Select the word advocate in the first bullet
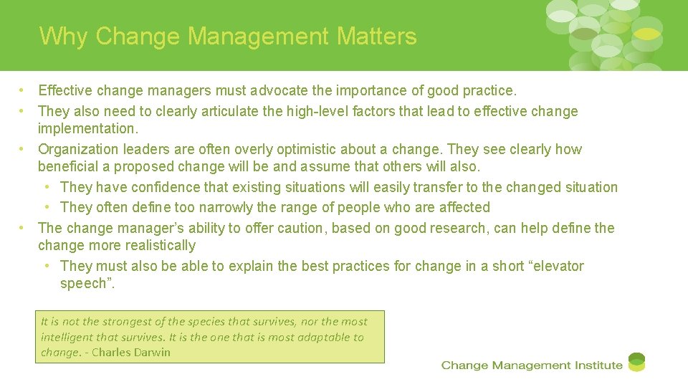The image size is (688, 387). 277,91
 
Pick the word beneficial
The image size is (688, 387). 67,167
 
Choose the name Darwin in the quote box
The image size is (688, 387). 151,353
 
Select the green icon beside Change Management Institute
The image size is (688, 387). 636,362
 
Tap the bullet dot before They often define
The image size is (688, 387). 47,208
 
